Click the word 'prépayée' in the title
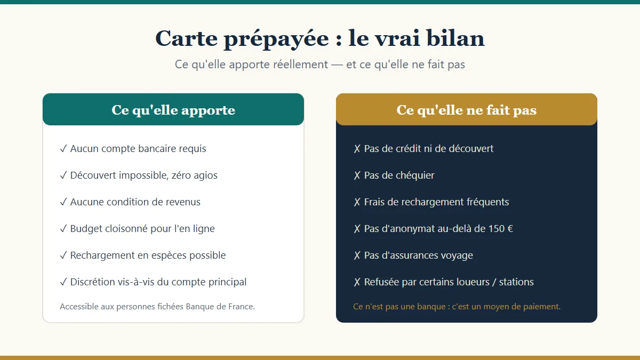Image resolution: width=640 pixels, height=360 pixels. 276,39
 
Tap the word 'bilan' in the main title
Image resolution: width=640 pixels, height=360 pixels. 455,38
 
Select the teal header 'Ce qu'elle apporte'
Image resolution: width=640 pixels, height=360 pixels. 173,109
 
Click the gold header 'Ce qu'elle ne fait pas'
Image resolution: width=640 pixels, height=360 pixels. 467,109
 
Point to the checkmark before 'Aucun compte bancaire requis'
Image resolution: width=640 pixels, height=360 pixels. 63,149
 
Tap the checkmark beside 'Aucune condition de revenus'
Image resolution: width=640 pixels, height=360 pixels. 63,202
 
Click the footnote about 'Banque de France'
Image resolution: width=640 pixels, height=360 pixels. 157,307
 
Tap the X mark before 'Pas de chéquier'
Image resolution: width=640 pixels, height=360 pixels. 357,175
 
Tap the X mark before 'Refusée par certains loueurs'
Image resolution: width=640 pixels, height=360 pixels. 357,282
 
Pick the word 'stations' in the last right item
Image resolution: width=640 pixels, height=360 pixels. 516,282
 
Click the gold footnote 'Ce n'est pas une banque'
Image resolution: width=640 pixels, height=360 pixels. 457,307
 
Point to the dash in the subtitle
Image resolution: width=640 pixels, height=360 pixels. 337,65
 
